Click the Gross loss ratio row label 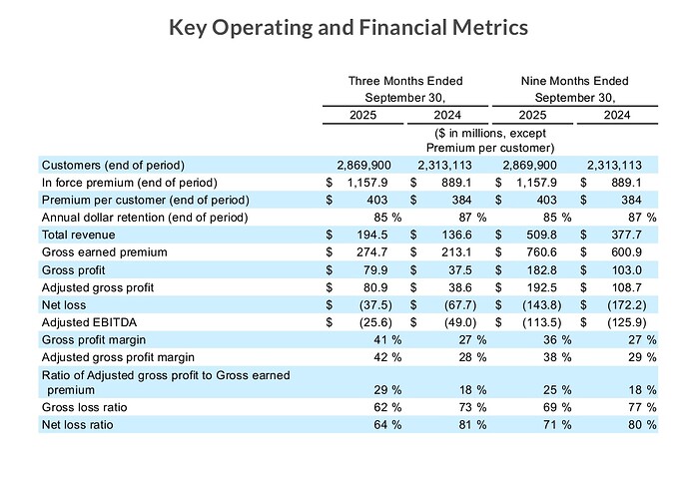pos(85,407)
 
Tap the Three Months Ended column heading pos(404,81)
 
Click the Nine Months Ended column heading pos(574,81)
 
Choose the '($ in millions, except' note pos(489,133)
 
